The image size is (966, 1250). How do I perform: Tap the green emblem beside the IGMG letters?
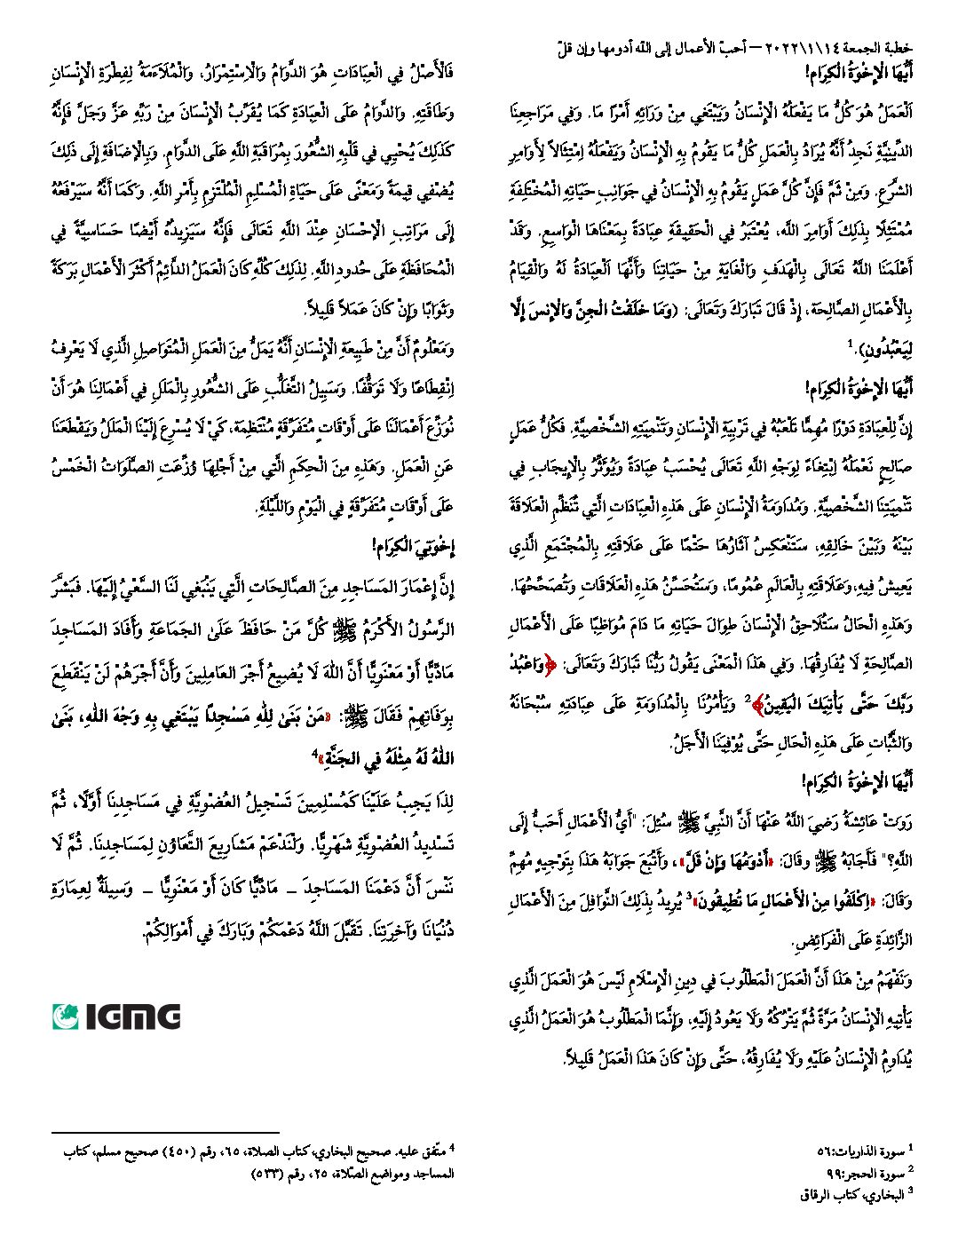click(66, 1017)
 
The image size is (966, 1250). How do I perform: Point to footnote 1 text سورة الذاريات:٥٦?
click(860, 1151)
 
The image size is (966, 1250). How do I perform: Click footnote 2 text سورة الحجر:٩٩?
click(865, 1173)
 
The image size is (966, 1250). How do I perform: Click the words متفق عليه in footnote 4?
click(424, 1151)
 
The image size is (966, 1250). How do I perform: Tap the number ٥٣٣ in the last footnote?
click(266, 1173)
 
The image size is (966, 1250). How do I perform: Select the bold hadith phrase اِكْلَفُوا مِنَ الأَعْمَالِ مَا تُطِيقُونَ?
click(782, 902)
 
